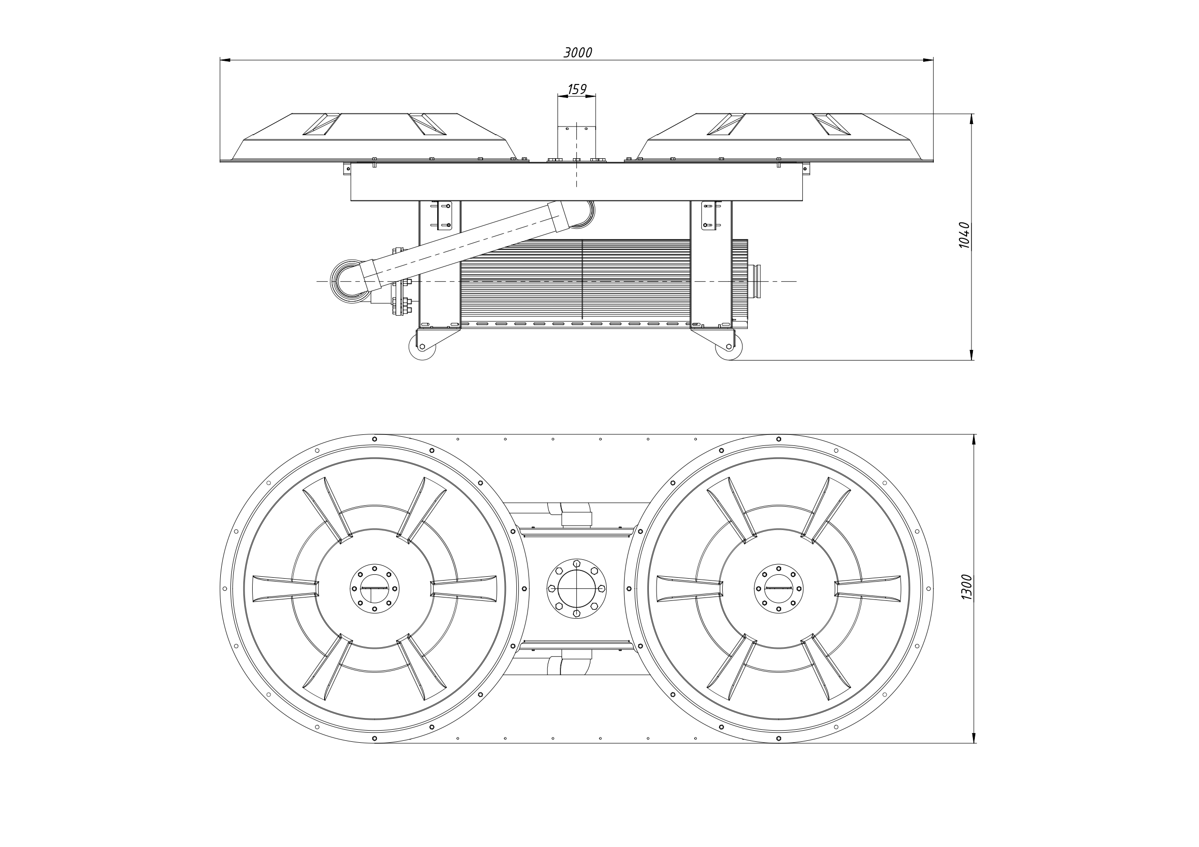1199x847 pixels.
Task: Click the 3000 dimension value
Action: [578, 53]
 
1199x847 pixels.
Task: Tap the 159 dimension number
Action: [577, 90]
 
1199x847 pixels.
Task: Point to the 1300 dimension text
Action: [967, 587]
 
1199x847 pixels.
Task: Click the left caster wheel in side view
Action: [422, 347]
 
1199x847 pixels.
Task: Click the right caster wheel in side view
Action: [728, 347]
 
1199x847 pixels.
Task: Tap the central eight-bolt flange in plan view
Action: [576, 589]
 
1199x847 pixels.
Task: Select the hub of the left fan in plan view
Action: [374, 589]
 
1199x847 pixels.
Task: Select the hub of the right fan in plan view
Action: [779, 589]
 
